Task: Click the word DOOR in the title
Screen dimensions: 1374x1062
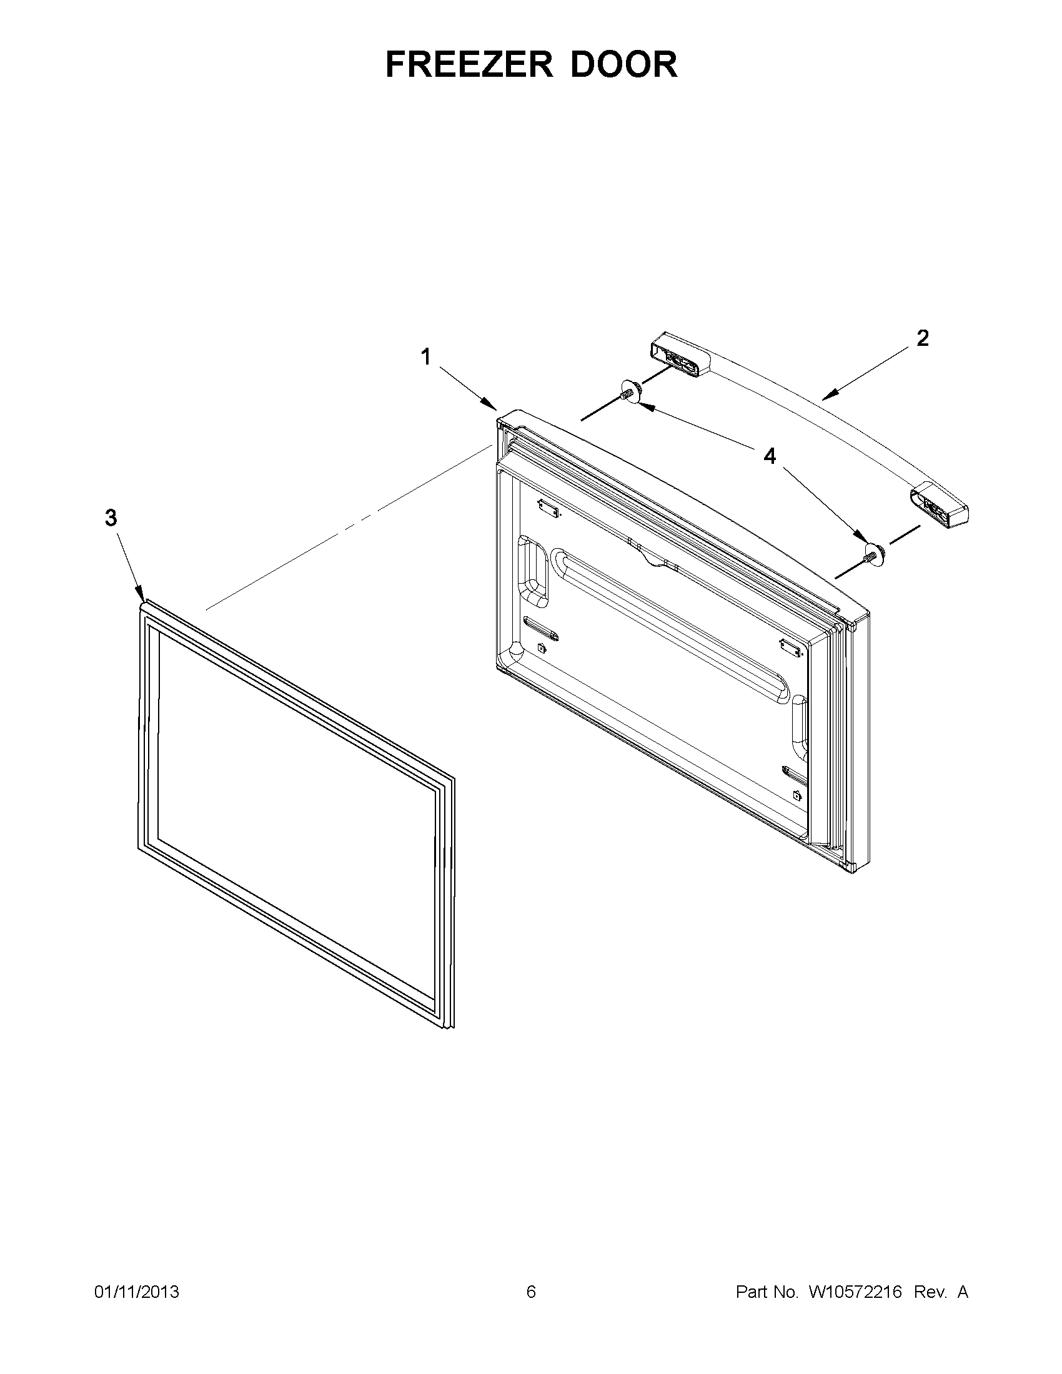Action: click(624, 64)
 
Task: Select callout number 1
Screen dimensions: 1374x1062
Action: click(426, 357)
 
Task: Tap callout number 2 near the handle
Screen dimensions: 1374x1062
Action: click(922, 338)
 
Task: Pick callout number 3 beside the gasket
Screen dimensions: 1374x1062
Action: click(111, 518)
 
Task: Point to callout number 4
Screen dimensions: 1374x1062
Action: click(770, 456)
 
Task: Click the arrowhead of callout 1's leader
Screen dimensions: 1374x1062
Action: click(495, 408)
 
